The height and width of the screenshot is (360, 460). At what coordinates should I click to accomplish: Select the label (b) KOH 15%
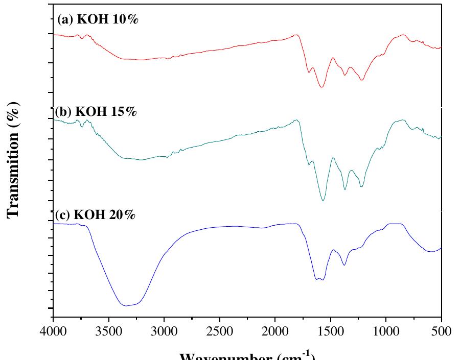click(x=96, y=112)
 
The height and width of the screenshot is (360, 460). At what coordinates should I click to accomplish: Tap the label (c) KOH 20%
click(x=95, y=214)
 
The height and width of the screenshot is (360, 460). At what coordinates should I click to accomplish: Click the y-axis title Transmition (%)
click(x=14, y=160)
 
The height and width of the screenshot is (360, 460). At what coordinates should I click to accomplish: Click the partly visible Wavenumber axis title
click(x=247, y=355)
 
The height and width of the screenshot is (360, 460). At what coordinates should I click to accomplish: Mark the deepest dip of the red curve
click(x=321, y=87)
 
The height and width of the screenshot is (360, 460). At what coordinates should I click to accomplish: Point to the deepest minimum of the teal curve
click(x=323, y=200)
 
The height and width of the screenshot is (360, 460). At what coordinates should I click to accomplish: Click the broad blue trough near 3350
click(x=126, y=305)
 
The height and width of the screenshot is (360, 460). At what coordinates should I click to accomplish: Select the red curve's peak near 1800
click(x=296, y=35)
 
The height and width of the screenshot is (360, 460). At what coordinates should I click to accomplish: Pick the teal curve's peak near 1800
click(x=296, y=120)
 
